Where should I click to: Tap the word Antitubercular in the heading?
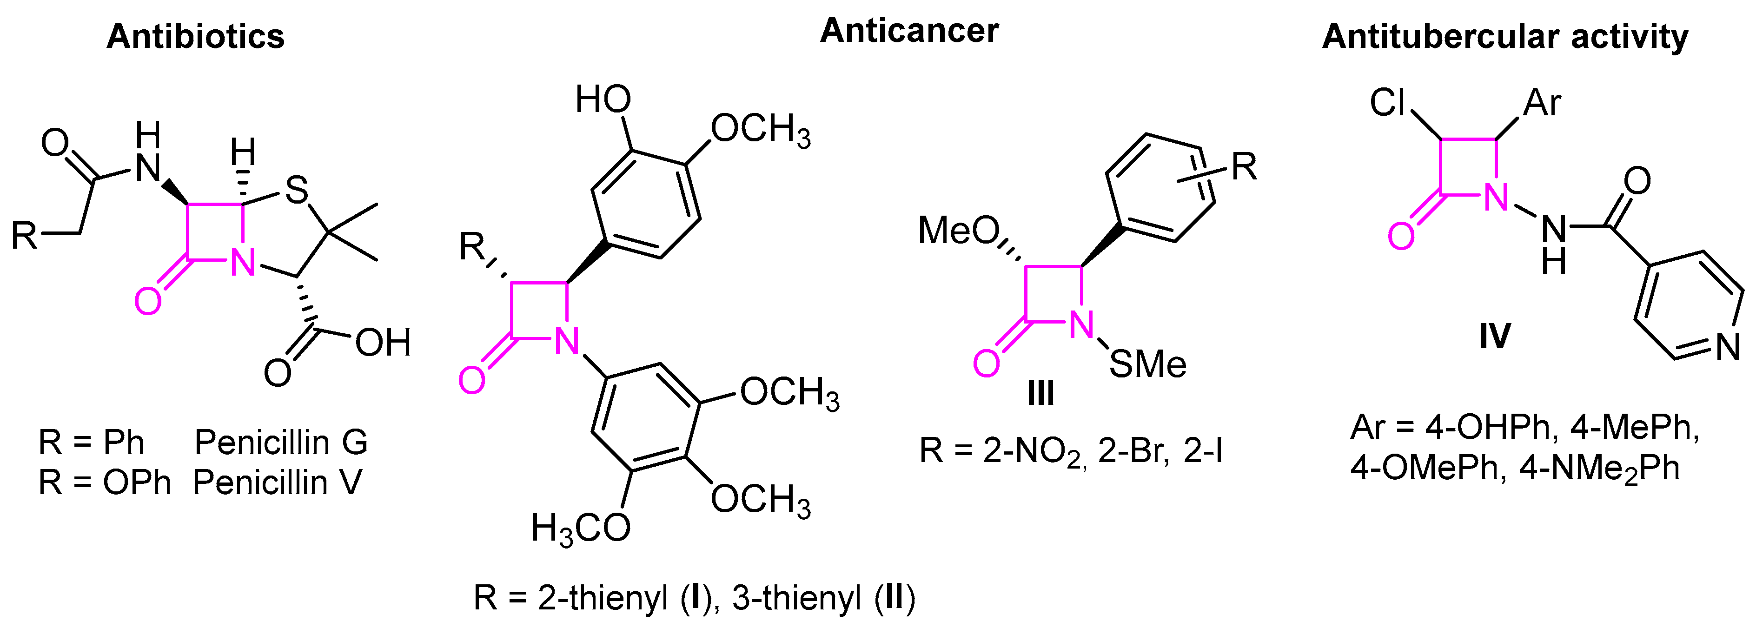pyautogui.click(x=1439, y=36)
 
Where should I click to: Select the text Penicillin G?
pyautogui.click(x=281, y=442)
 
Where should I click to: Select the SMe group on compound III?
pyautogui.click(x=1147, y=364)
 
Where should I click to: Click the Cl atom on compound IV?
pyautogui.click(x=1387, y=103)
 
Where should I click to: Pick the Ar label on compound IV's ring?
pyautogui.click(x=1542, y=103)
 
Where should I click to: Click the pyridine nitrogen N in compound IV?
pyautogui.click(x=1729, y=347)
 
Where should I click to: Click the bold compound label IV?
pyautogui.click(x=1495, y=336)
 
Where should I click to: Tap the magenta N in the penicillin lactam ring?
pyautogui.click(x=243, y=262)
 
